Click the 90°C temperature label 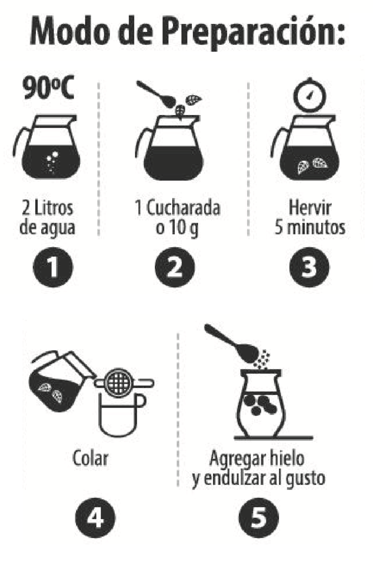pyautogui.click(x=48, y=87)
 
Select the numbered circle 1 pyautogui.click(x=53, y=267)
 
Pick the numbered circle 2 pyautogui.click(x=175, y=267)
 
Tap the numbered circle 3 pyautogui.click(x=310, y=267)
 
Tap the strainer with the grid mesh pyautogui.click(x=124, y=383)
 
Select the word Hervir pyautogui.click(x=310, y=208)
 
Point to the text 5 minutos pyautogui.click(x=310, y=227)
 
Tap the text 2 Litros pyautogui.click(x=48, y=208)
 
